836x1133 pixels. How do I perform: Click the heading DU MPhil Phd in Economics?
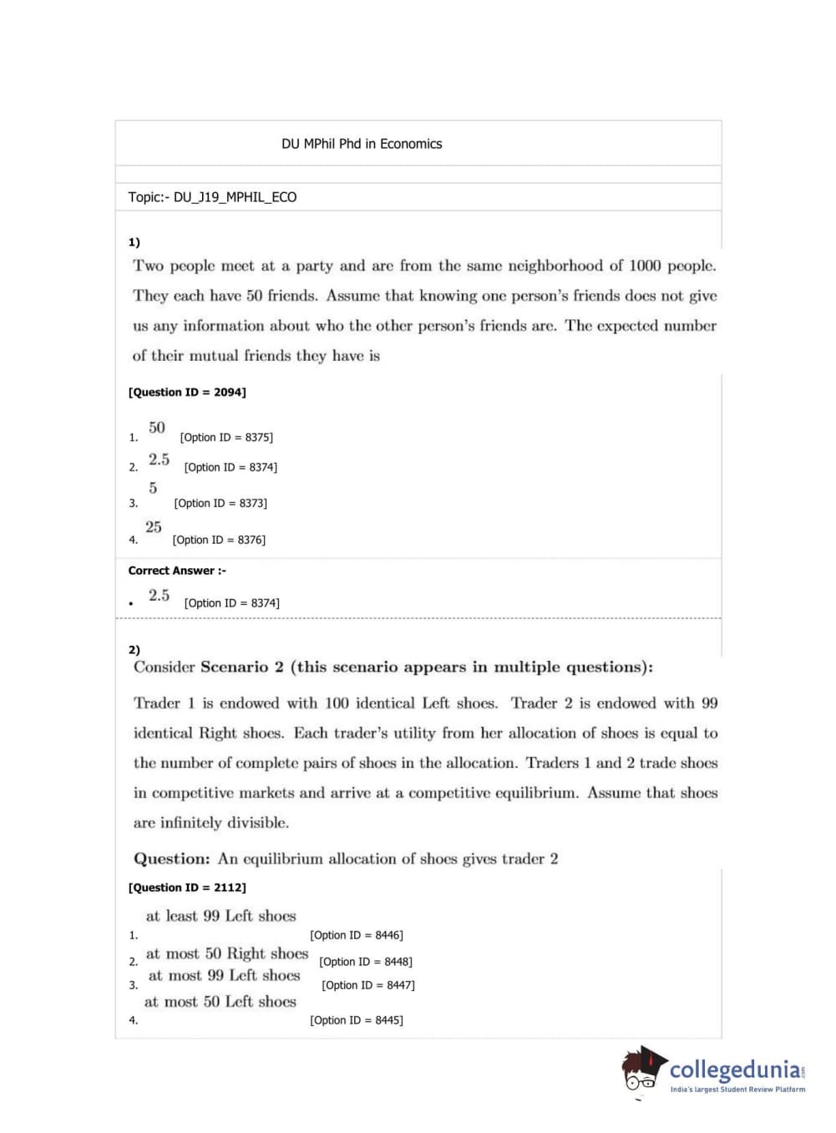[x=362, y=144]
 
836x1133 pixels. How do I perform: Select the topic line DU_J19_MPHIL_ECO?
[x=212, y=197]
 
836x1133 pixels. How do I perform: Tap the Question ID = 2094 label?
[x=187, y=392]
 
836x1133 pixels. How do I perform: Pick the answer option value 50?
[x=157, y=428]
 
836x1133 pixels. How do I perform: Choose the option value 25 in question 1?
[x=154, y=527]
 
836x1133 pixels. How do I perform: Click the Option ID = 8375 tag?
[x=226, y=437]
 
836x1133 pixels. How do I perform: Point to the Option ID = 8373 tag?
[x=220, y=503]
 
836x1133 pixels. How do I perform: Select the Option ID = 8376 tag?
[x=219, y=540]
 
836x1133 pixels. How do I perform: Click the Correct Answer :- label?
[x=177, y=571]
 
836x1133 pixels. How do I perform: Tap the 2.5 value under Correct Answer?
[x=159, y=596]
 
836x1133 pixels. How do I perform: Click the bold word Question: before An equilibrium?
[x=172, y=859]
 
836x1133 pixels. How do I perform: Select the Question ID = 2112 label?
[x=187, y=887]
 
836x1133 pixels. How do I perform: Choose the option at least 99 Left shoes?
[x=220, y=916]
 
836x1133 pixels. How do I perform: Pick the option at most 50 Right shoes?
[x=227, y=953]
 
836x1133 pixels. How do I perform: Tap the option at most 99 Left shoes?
[x=224, y=975]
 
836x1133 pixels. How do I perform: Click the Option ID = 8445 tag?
[x=357, y=1020]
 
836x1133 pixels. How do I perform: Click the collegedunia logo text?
[x=735, y=1069]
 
